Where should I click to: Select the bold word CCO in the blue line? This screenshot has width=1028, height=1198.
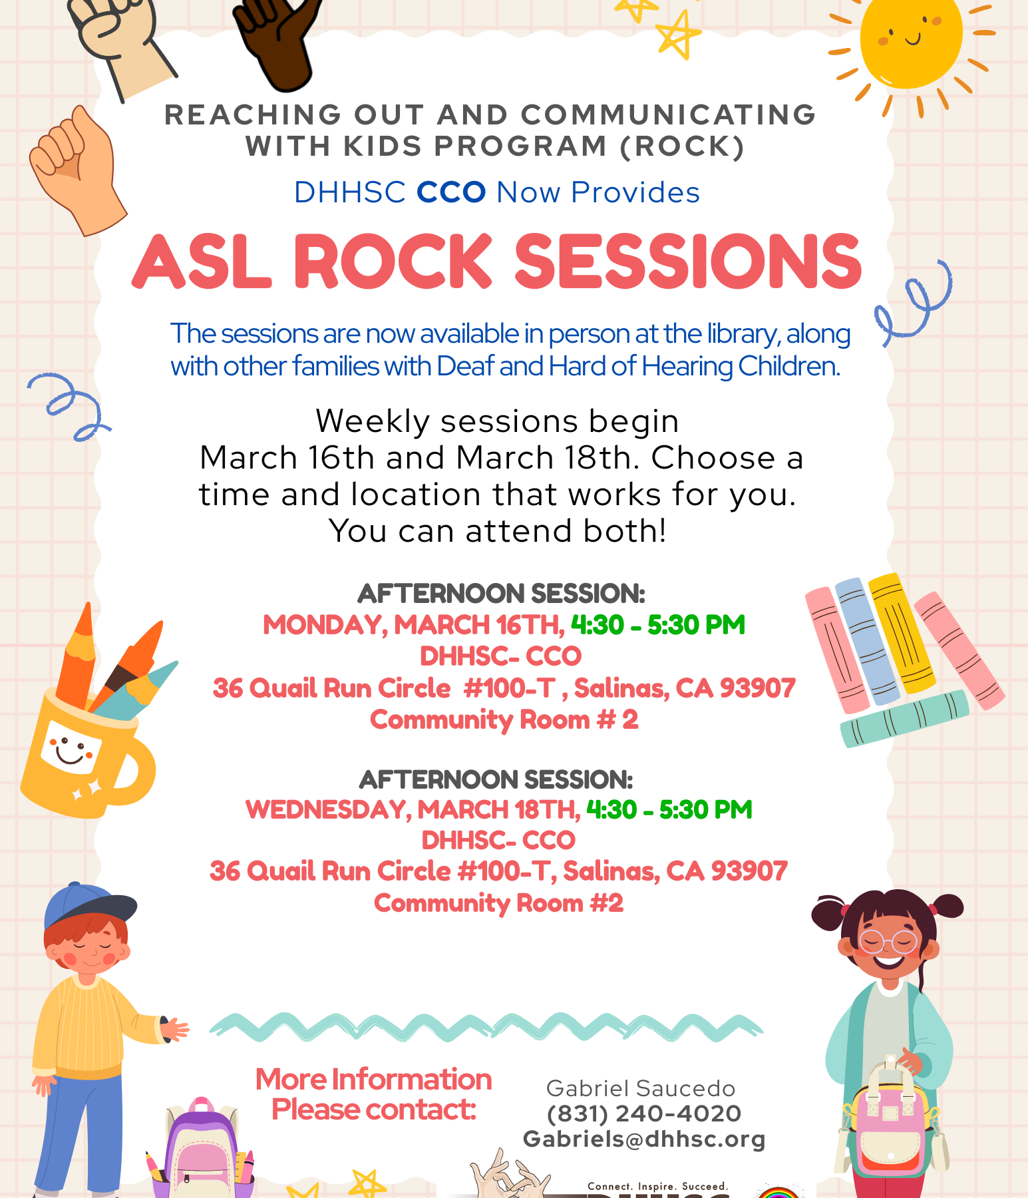451,192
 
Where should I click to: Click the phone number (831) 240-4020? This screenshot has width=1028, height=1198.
644,1113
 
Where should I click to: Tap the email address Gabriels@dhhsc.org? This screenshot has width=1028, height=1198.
644,1139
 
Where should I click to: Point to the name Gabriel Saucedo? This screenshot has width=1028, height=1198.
641,1088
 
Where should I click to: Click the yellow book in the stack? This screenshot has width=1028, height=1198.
902,632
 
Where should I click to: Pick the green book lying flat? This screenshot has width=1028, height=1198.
905,719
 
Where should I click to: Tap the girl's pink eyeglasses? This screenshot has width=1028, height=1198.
888,942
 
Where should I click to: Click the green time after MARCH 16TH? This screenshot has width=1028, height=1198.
658,625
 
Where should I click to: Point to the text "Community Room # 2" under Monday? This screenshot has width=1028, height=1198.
504,719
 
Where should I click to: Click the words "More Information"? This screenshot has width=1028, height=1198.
373,1080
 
